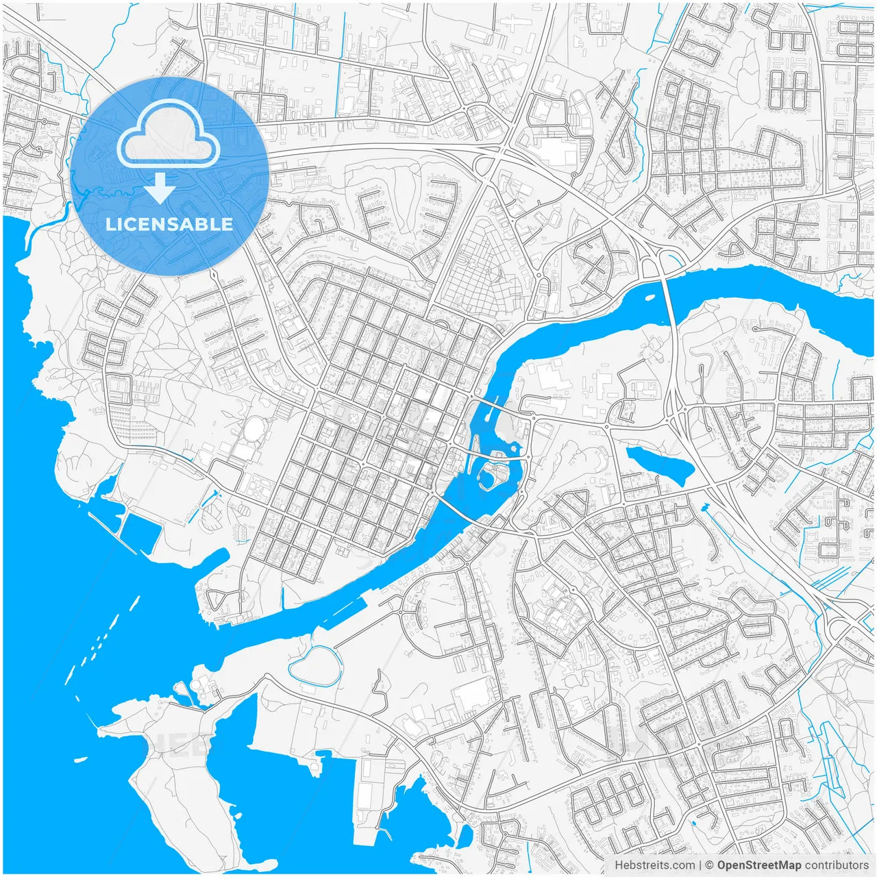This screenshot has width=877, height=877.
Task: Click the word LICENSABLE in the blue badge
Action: (169, 224)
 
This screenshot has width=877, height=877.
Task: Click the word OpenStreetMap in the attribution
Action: (758, 865)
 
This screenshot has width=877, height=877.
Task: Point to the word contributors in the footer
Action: (836, 865)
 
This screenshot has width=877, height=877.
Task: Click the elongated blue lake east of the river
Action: (659, 465)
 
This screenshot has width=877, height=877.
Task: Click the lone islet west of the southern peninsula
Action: (81, 759)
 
